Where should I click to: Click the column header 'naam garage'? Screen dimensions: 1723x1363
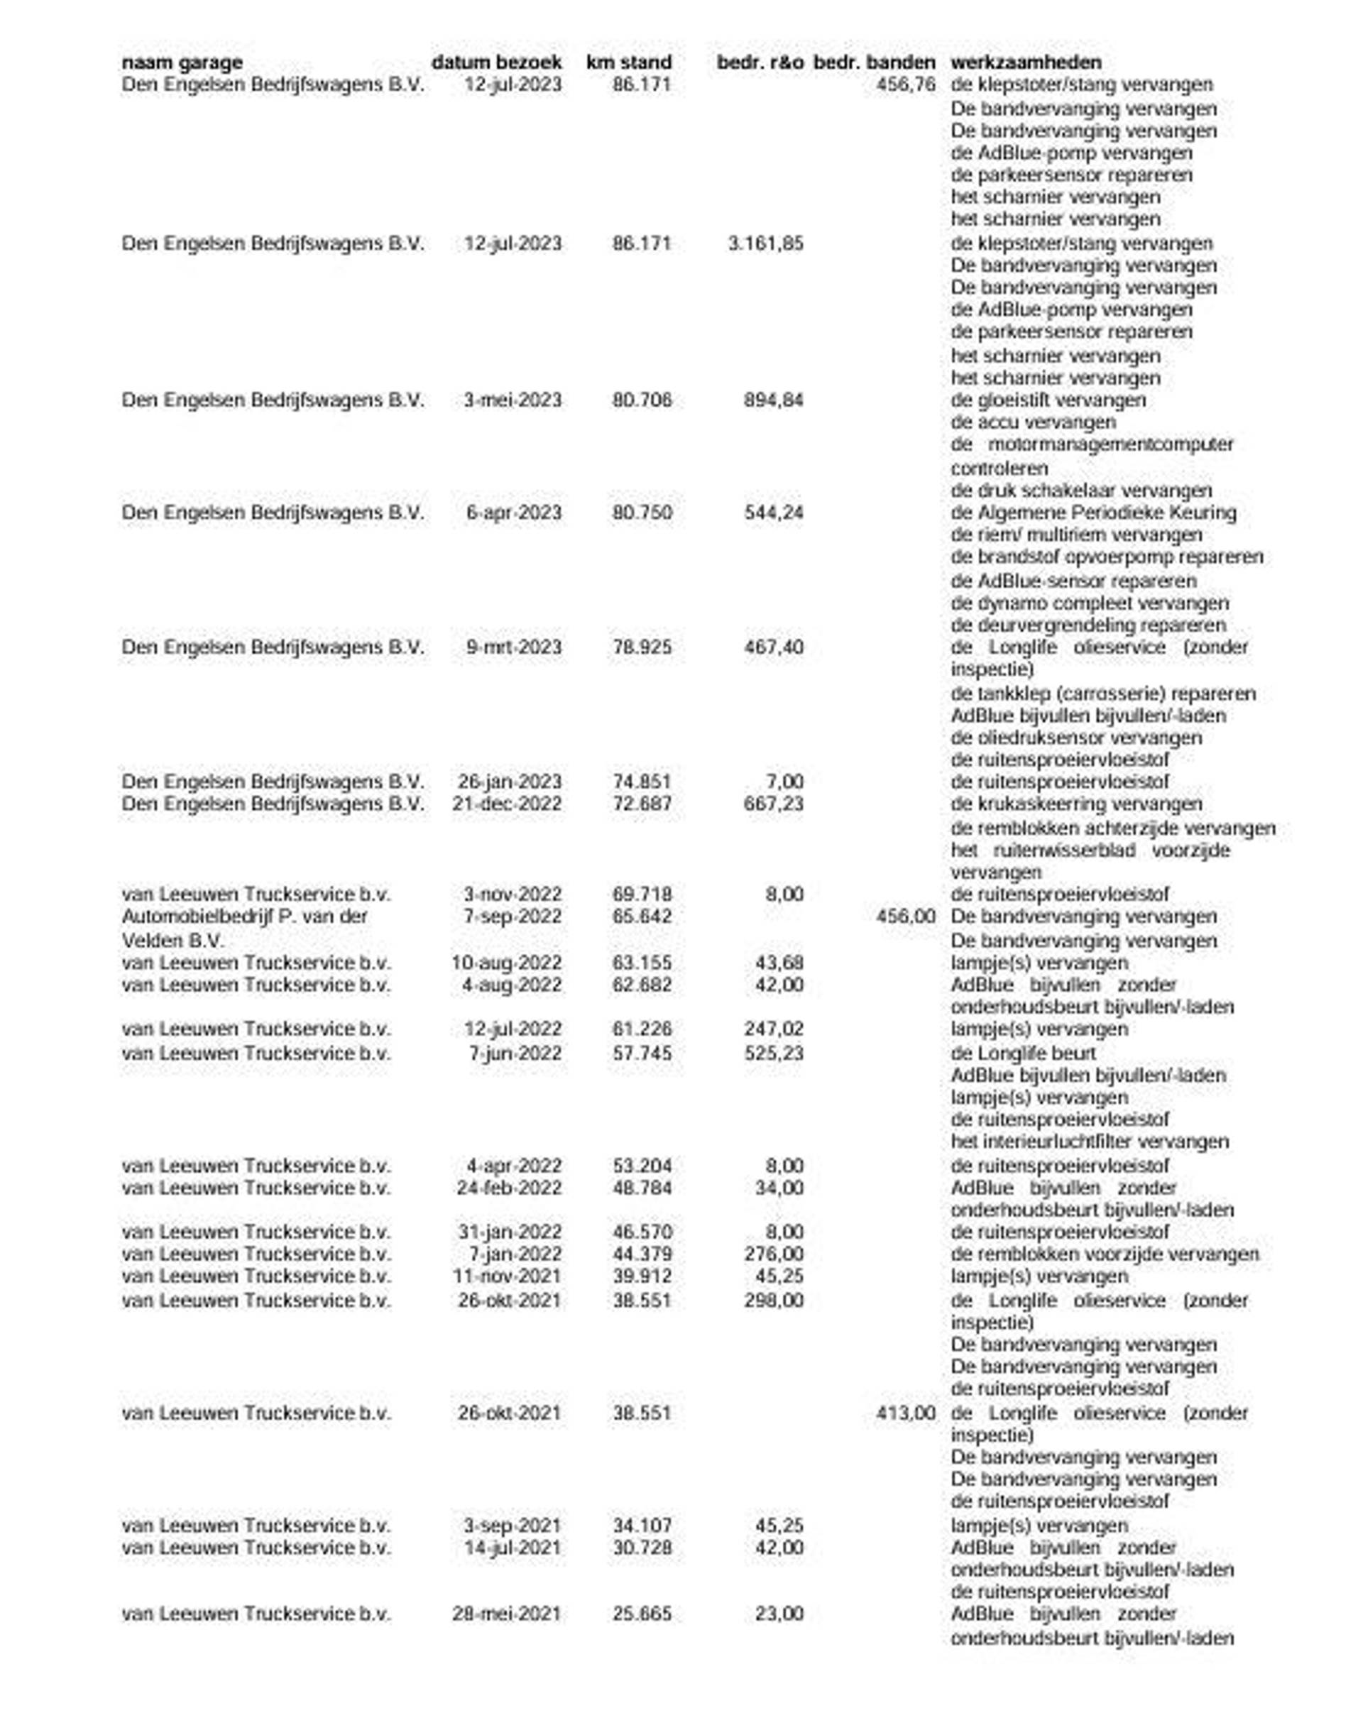click(x=182, y=62)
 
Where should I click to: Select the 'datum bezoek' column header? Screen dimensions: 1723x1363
click(x=496, y=62)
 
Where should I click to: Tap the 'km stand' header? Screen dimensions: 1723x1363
click(x=629, y=62)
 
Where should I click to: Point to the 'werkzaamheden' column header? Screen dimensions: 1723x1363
click(x=1027, y=62)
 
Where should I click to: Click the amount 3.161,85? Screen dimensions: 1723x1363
click(x=765, y=244)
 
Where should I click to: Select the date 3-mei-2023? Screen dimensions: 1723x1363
click(x=513, y=400)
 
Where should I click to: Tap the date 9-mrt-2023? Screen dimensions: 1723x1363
click(x=514, y=647)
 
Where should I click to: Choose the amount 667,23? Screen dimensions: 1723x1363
click(x=773, y=804)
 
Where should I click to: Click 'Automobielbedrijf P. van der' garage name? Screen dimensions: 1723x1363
click(x=245, y=917)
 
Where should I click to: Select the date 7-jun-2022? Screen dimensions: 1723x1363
click(x=515, y=1054)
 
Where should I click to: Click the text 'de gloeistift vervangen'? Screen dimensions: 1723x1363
click(x=1048, y=400)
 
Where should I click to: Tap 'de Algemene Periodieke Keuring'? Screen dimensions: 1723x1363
click(x=1093, y=513)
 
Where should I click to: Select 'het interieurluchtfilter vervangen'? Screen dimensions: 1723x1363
click(x=1089, y=1142)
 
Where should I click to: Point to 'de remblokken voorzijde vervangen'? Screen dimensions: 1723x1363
click(x=1105, y=1254)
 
